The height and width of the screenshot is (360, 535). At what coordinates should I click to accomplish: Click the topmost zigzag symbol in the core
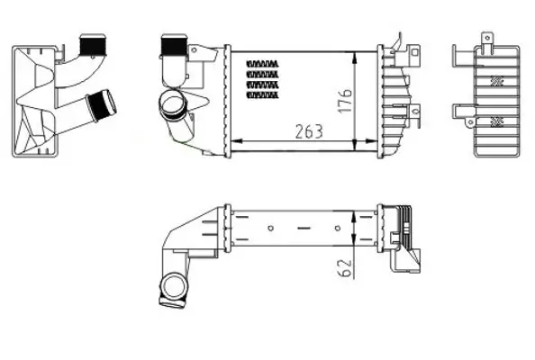(262, 63)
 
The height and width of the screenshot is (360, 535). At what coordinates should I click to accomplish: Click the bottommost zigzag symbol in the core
(262, 94)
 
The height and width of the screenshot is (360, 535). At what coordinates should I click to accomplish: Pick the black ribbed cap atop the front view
(170, 44)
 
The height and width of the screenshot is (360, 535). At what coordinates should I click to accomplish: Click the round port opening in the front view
(168, 105)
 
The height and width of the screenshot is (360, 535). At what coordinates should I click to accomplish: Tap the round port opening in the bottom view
(170, 289)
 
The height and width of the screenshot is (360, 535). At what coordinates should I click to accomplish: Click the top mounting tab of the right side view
(486, 39)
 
